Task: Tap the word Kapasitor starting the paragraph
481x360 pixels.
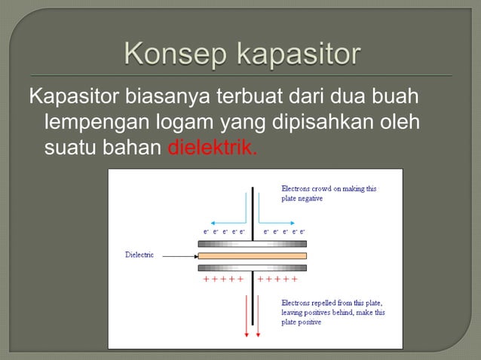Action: [x=64, y=98]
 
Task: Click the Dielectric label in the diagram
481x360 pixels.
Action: [x=139, y=255]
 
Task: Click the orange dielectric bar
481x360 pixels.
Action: [x=252, y=256]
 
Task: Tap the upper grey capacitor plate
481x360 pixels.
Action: [x=252, y=244]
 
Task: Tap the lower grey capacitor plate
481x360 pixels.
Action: [x=252, y=268]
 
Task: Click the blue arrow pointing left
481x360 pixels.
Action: [x=226, y=222]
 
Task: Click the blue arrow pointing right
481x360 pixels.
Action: [x=279, y=222]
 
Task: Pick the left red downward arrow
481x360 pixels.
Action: [x=247, y=316]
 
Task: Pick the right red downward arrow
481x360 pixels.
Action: [x=258, y=316]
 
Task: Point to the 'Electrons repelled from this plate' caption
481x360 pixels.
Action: [x=332, y=307]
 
